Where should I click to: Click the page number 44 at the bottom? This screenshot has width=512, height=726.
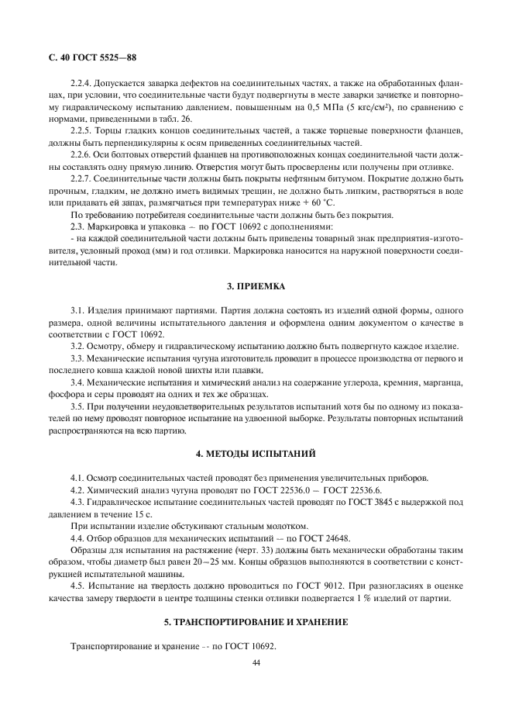(x=256, y=662)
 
